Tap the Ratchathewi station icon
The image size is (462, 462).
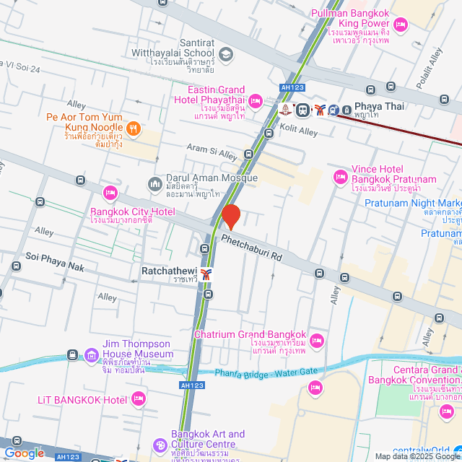(x=207, y=274)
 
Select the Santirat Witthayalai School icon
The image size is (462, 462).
(x=226, y=54)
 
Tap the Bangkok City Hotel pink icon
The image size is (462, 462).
(x=110, y=192)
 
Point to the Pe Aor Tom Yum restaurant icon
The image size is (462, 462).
(x=133, y=128)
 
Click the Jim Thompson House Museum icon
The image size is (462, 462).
(x=91, y=354)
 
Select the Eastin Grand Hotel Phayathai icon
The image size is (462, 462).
(x=255, y=100)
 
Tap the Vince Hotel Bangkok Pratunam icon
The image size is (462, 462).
(x=340, y=177)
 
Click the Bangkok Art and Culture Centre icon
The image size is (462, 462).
(x=160, y=445)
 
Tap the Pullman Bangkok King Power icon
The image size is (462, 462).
(x=401, y=27)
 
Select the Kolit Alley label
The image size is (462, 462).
(x=298, y=131)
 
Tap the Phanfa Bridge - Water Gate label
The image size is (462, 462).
(x=266, y=373)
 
